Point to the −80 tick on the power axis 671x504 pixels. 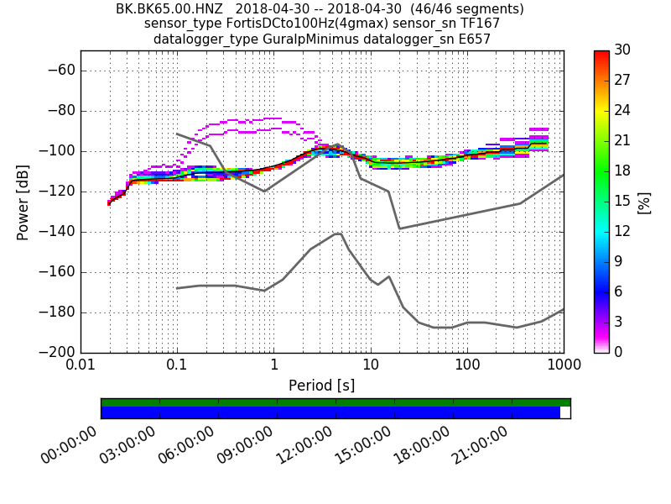pyautogui.click(x=60, y=111)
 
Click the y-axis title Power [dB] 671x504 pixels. pyautogui.click(x=23, y=202)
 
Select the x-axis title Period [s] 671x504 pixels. pyautogui.click(x=321, y=386)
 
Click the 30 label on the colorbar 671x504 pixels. pyautogui.click(x=622, y=50)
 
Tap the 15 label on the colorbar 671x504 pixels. pyautogui.click(x=622, y=202)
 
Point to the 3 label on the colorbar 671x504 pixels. pyautogui.click(x=619, y=323)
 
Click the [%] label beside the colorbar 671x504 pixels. pyautogui.click(x=644, y=202)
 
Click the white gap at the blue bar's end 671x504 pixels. pyautogui.click(x=565, y=412)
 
